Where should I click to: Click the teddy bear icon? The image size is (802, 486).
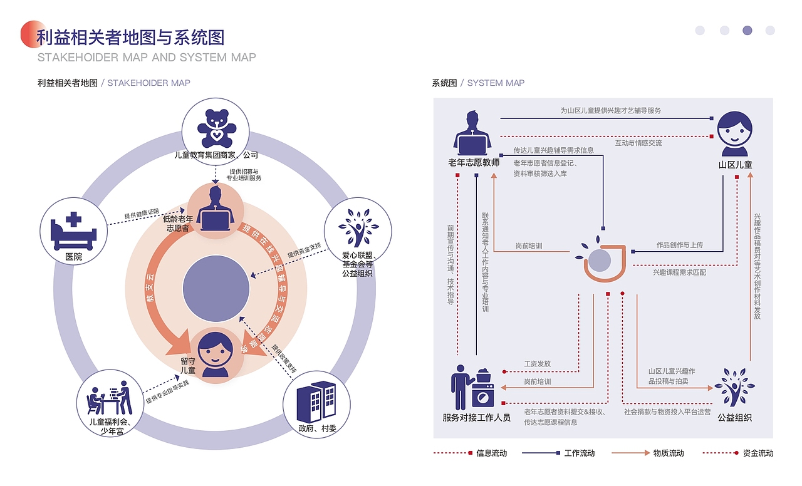[x=216, y=128]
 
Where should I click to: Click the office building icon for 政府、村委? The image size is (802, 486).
[x=316, y=401]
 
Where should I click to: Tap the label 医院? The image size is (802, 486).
[x=73, y=257]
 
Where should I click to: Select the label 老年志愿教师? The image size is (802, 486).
[x=474, y=163]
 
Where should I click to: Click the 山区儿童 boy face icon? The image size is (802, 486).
[x=734, y=134]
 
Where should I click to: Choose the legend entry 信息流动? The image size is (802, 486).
[x=491, y=453]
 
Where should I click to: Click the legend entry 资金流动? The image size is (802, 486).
[x=758, y=453]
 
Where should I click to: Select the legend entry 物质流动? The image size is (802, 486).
[x=668, y=453]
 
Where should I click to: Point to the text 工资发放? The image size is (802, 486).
[x=537, y=364]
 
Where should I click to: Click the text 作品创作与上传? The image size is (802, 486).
[x=679, y=245]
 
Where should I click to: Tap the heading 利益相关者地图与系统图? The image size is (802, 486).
[x=130, y=38]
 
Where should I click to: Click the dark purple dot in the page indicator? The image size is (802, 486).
[x=747, y=30]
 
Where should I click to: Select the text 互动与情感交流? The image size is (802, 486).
[x=638, y=143]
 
